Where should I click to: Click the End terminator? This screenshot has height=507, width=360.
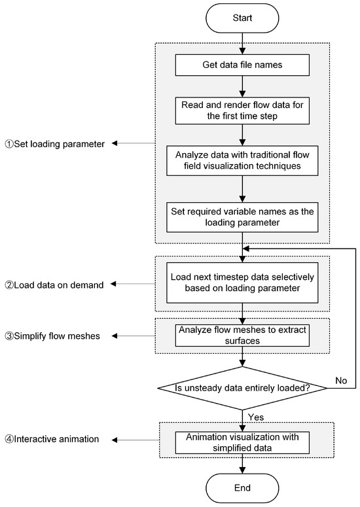click(243, 487)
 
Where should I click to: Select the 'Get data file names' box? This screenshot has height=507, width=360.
click(243, 65)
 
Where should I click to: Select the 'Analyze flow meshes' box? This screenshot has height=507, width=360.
click(243, 335)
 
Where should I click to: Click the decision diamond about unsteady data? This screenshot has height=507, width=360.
click(243, 387)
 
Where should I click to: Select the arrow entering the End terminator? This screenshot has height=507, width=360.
click(243, 464)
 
